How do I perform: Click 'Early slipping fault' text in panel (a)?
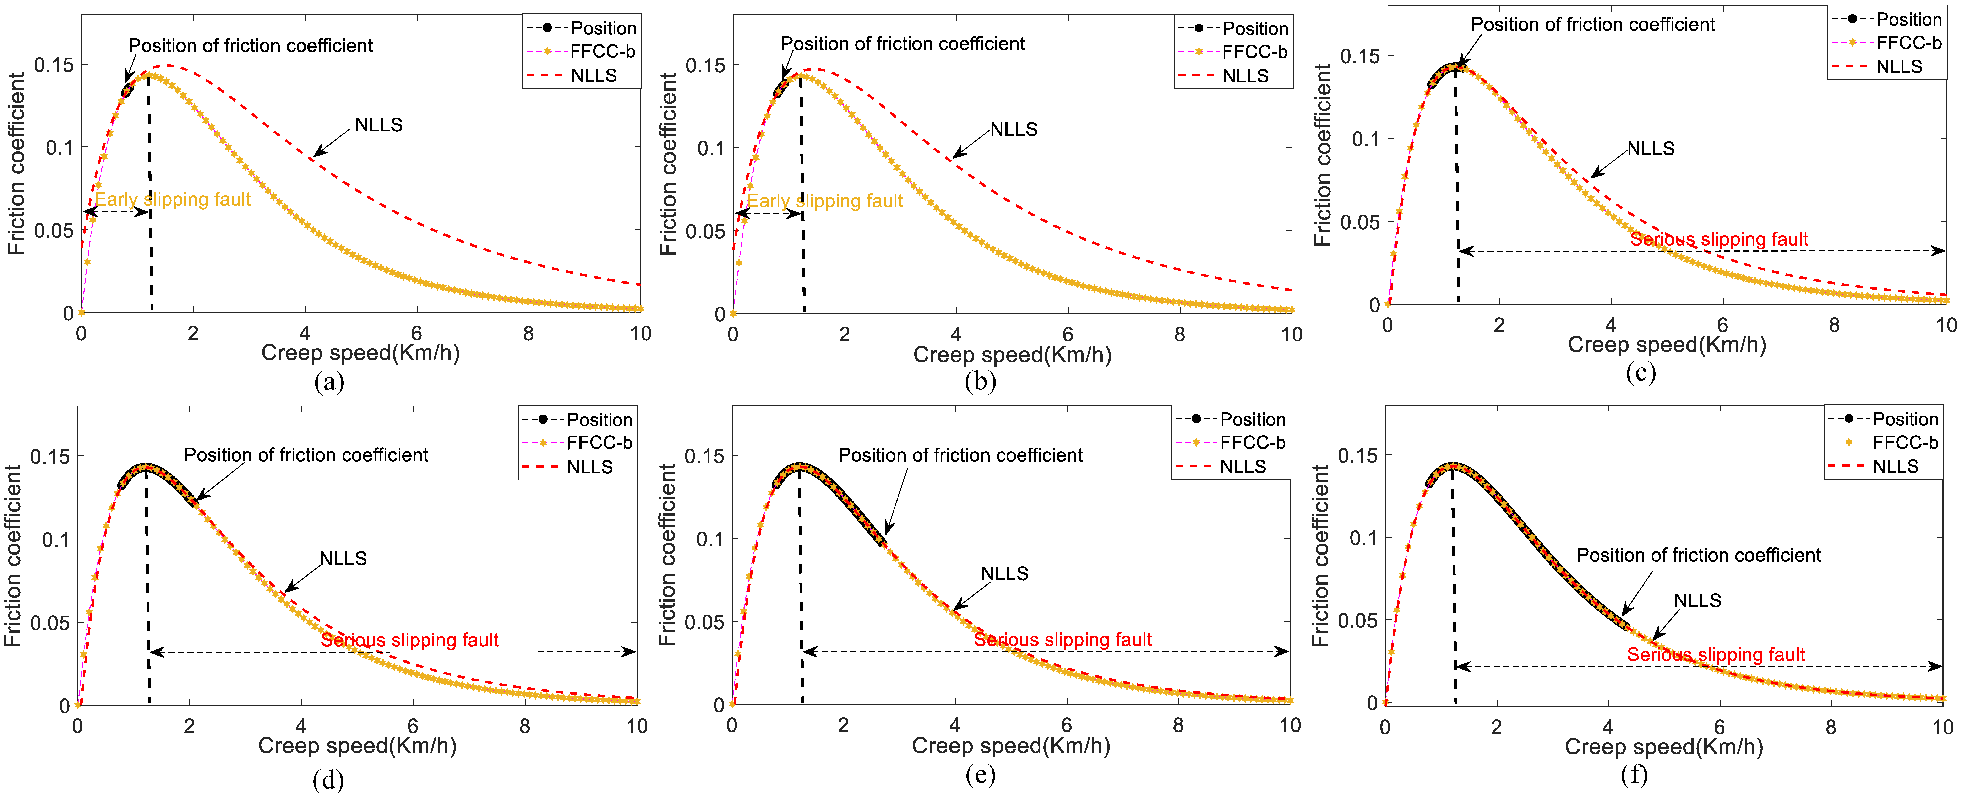173,200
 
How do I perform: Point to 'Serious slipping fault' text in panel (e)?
1063,640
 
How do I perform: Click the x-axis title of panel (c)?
1667,345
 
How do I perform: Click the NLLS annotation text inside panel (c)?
1651,149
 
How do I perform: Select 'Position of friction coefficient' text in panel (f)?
1699,555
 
